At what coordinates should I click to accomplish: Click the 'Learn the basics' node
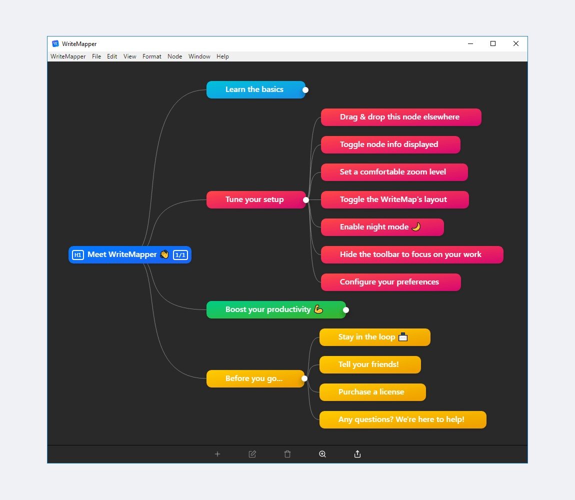[255, 89]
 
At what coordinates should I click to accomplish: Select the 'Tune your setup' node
[256, 199]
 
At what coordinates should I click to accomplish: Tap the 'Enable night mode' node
[382, 227]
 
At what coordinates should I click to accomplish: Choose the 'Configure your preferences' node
[390, 282]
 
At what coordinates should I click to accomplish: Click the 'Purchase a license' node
[372, 392]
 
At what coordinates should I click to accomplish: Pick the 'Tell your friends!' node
[370, 364]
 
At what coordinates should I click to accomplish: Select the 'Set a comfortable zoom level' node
[394, 172]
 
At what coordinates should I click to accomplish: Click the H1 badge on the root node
[77, 255]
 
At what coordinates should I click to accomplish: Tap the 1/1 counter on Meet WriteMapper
[180, 255]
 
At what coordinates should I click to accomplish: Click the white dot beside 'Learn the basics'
[305, 90]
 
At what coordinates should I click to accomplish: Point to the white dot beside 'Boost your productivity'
[346, 310]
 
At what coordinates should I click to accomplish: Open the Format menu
[152, 56]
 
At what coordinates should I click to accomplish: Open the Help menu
[222, 56]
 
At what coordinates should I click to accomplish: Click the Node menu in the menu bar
[175, 56]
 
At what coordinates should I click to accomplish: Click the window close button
[516, 43]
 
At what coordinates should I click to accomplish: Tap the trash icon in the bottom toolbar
[287, 454]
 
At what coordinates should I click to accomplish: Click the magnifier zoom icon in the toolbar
[322, 454]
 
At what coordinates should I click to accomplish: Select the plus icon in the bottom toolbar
[217, 454]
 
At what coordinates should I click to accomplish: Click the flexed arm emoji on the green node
[318, 309]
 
